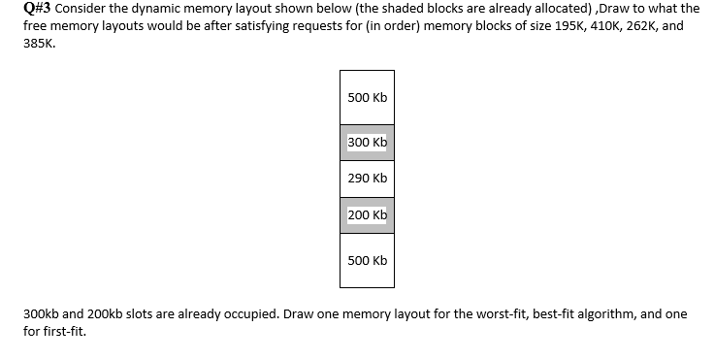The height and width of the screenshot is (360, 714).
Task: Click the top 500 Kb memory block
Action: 367,97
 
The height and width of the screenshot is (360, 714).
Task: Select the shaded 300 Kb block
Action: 367,143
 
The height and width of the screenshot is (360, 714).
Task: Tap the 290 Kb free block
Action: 367,179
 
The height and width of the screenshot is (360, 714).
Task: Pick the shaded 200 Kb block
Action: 367,214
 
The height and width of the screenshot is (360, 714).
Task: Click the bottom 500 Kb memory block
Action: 367,260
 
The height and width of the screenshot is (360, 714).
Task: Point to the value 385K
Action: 39,43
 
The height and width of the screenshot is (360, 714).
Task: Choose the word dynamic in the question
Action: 145,9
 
